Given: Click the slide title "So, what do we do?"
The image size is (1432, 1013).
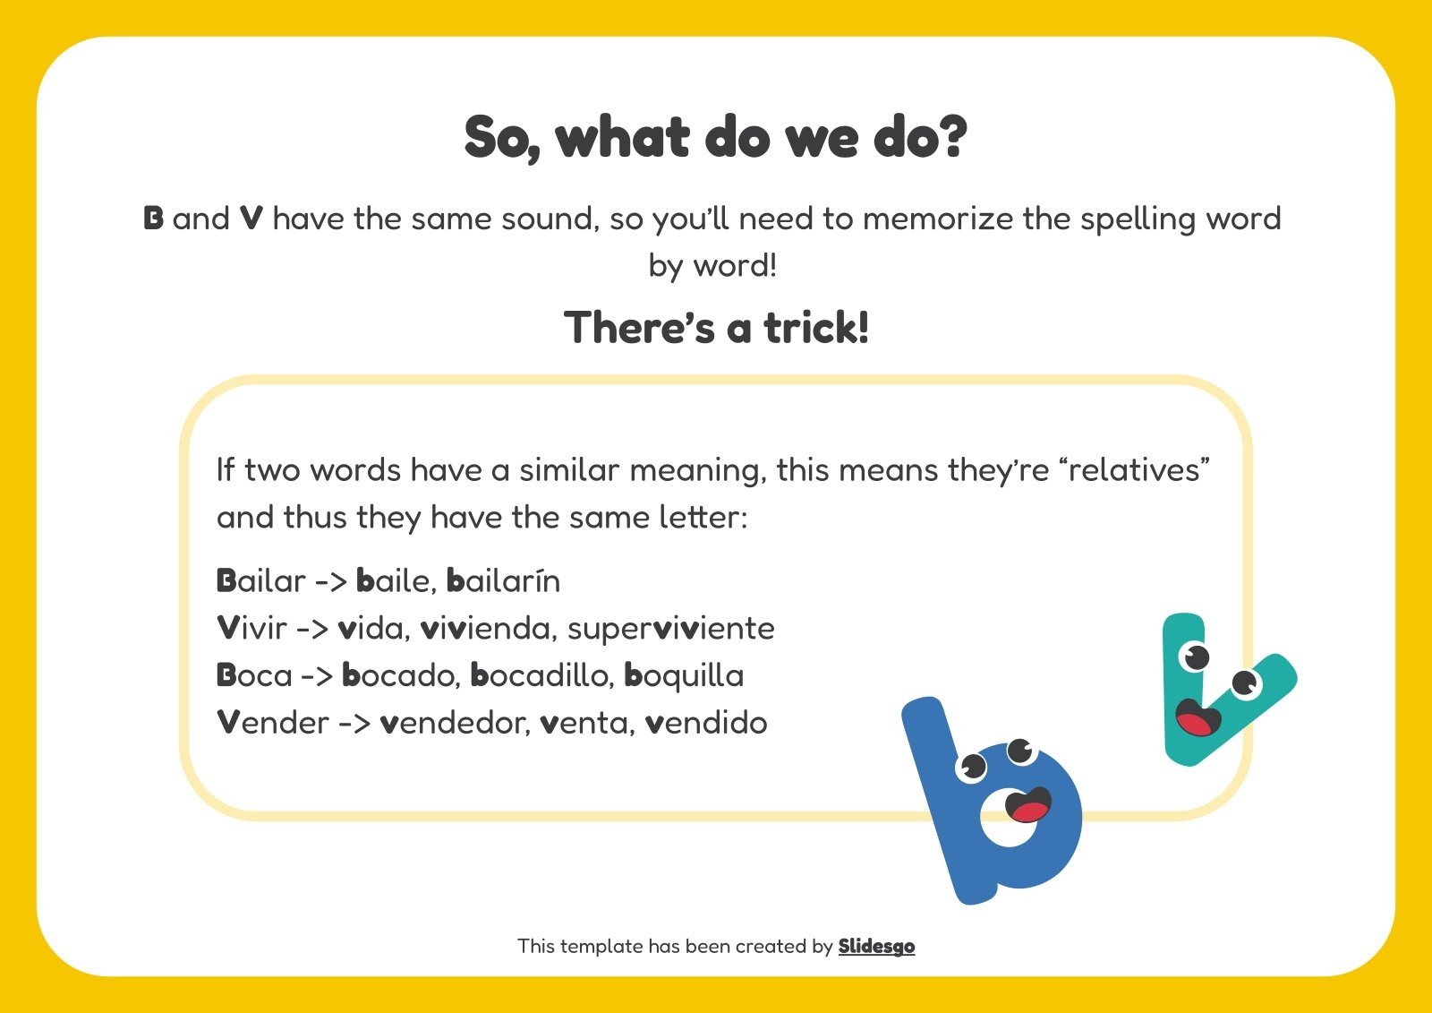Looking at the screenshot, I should pos(715,137).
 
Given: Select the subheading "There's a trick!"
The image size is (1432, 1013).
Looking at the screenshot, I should pos(716,327).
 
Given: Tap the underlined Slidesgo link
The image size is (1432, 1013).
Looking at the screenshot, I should pos(876,946).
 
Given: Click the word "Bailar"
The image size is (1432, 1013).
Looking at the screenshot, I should pos(260,581).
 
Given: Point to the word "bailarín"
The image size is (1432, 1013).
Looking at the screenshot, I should pos(503,581).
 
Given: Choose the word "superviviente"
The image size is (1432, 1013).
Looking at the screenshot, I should pos(670,629).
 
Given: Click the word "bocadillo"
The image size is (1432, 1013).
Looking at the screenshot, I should pos(541,676).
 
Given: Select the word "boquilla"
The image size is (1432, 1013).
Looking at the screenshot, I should pos(684,676).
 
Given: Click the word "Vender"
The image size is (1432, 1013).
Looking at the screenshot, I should pos(273,723).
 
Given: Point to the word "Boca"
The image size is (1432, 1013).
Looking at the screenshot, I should pos(254,676).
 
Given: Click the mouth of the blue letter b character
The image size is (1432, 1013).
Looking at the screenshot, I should pos(1028,805).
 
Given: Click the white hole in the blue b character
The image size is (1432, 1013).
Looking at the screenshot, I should pos(1006,828).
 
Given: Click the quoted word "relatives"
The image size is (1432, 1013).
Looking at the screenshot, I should pos(1134,470).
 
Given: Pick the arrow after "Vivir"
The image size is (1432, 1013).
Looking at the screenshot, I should pos(312,629).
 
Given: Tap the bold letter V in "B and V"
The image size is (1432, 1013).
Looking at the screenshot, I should pos(251,219).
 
